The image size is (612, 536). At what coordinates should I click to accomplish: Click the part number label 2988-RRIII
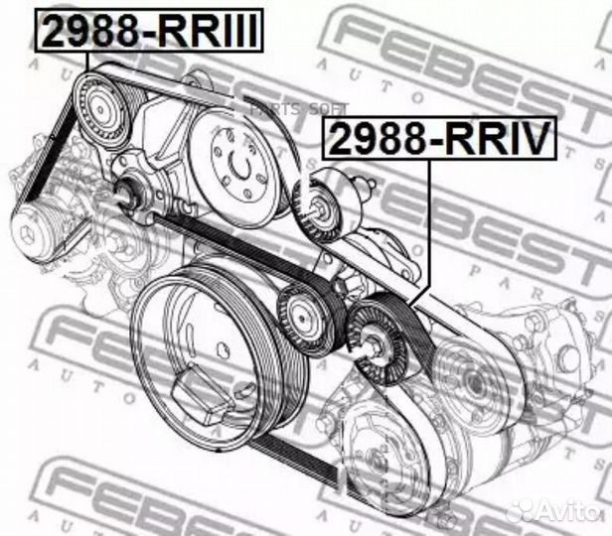point(149,30)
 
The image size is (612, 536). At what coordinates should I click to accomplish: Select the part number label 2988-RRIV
point(437,140)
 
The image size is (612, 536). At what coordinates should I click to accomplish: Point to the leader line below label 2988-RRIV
point(429,228)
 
